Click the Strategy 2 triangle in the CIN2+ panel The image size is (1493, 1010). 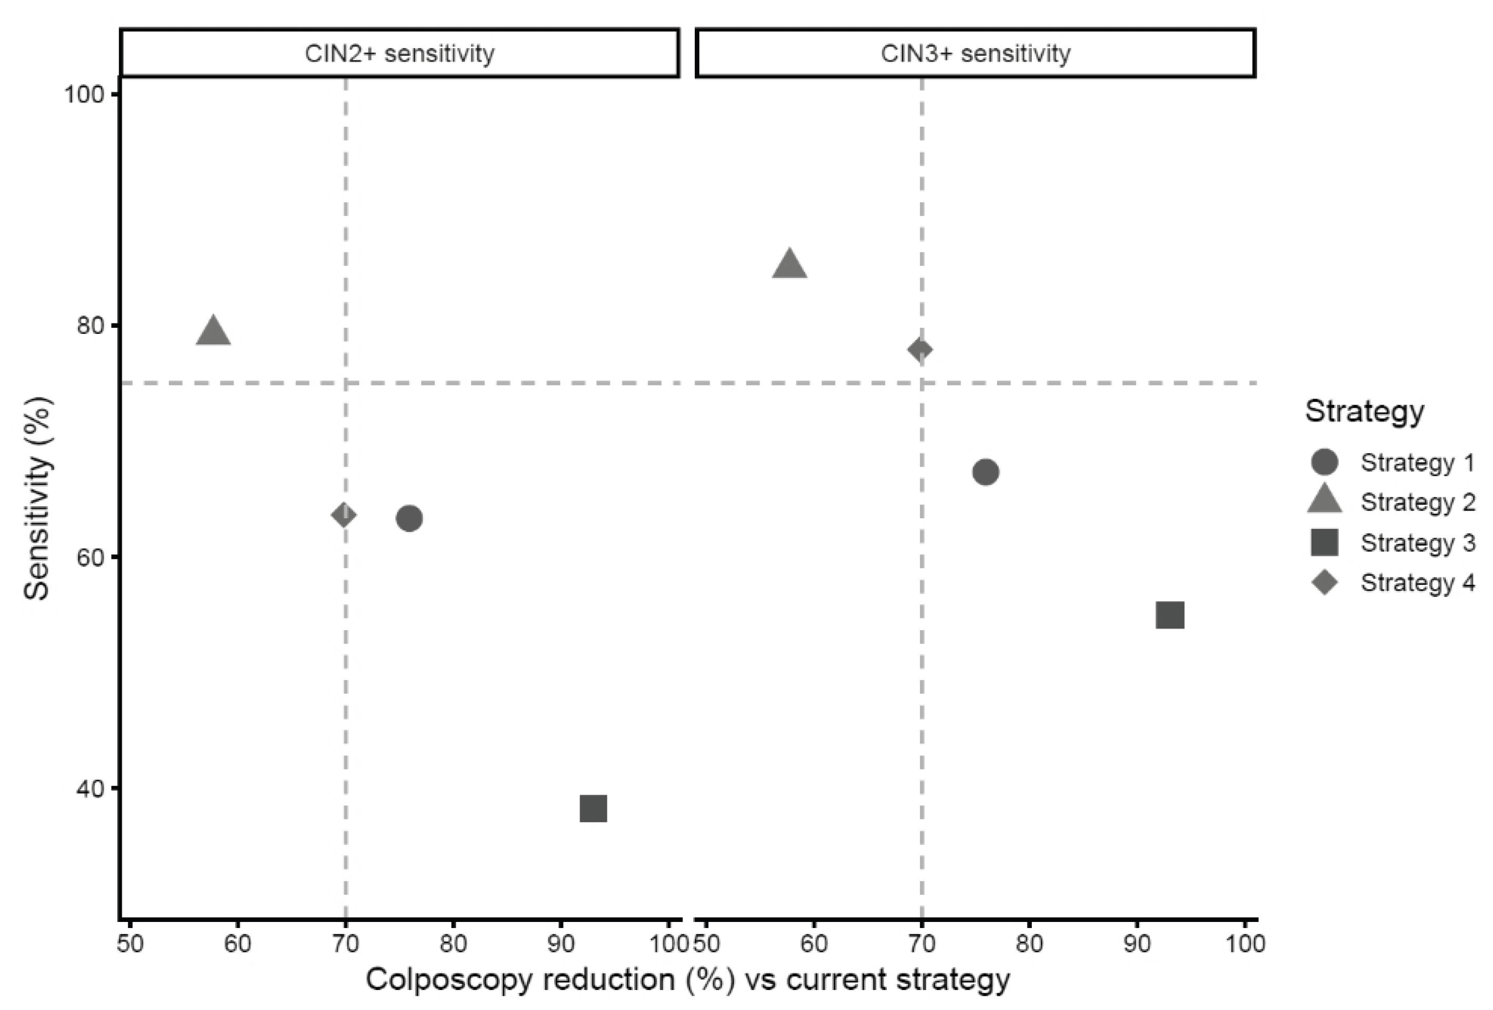tap(213, 332)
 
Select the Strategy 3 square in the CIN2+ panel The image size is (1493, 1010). tap(593, 808)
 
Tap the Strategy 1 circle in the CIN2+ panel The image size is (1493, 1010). tap(409, 518)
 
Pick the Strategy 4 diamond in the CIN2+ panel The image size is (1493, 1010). tap(344, 514)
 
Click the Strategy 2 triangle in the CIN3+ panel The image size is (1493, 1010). tap(789, 264)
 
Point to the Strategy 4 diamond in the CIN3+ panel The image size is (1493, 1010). tap(920, 349)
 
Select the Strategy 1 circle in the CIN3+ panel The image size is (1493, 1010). tap(985, 472)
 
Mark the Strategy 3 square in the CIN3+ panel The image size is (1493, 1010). tap(1170, 615)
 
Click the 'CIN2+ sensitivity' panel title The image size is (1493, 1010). tap(400, 53)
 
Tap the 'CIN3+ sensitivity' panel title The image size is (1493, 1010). tap(975, 53)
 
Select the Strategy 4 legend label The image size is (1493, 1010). tap(1418, 582)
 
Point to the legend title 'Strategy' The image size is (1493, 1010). tap(1365, 411)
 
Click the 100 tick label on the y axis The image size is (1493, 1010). tap(84, 95)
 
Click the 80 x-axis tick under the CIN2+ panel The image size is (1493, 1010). tap(453, 943)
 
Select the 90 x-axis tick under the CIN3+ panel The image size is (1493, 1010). tap(1137, 943)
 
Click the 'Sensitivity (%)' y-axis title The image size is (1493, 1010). tap(37, 498)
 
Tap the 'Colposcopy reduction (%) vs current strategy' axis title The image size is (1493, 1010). tap(688, 980)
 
